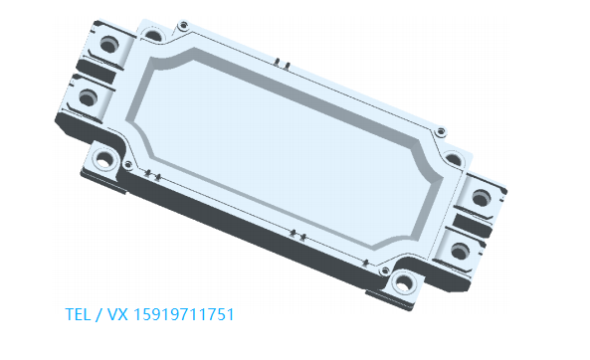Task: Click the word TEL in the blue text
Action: coord(78,314)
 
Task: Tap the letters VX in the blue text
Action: coord(117,314)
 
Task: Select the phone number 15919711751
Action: coord(184,314)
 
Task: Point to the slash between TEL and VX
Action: coord(98,314)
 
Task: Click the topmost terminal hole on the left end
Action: coord(109,44)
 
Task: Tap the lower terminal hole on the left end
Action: coord(88,97)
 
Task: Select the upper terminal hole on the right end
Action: coord(482,198)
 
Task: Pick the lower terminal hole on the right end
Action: coord(460,251)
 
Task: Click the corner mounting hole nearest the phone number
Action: coord(104,160)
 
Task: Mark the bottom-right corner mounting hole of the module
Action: coord(403,282)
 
